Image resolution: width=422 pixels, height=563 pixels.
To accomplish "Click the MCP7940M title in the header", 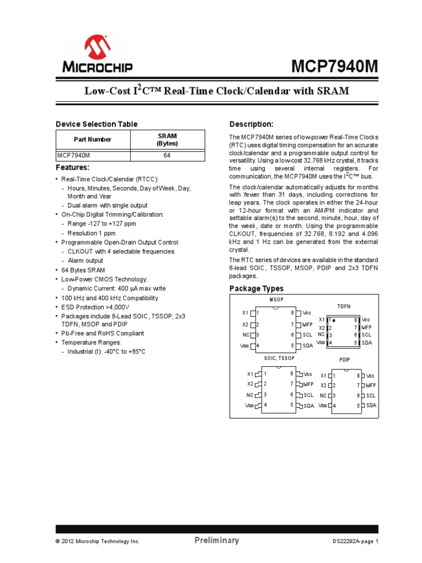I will [336, 67].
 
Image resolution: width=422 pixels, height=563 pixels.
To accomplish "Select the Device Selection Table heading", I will [97, 124].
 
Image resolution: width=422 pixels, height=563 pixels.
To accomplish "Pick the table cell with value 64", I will [167, 156].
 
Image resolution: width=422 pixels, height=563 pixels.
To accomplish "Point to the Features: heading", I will [73, 167].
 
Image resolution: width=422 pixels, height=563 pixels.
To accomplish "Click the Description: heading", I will [251, 124].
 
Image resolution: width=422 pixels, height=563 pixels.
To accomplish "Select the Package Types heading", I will [256, 288].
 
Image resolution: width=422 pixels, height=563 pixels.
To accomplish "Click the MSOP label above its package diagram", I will [277, 300].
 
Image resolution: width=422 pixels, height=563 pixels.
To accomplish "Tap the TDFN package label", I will [343, 306].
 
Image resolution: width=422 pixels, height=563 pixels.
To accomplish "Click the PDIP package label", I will [344, 360].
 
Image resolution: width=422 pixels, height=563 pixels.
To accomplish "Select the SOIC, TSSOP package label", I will [279, 358].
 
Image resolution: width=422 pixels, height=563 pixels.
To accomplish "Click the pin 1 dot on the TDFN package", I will [334, 319].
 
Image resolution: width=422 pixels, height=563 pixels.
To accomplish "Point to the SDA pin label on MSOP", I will [308, 346].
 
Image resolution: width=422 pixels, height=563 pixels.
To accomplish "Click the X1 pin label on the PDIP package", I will [324, 376].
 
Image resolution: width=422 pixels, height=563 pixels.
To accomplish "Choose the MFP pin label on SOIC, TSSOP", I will [308, 384].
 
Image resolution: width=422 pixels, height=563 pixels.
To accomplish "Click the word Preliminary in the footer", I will [216, 540].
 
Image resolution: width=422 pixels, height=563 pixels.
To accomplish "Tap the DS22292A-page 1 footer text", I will [356, 542].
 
